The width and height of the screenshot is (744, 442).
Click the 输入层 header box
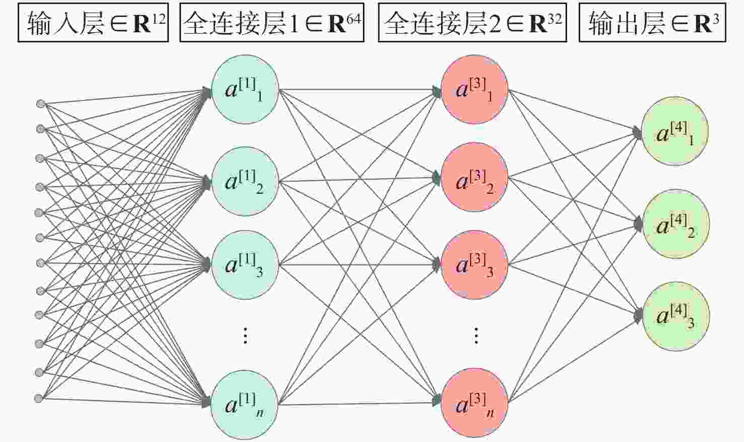tap(93, 23)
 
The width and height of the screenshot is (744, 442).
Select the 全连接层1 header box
tap(272, 23)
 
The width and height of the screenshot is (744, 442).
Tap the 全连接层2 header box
tap(472, 23)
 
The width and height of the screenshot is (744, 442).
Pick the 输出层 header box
tap(652, 23)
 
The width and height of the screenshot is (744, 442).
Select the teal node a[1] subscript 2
tap(245, 181)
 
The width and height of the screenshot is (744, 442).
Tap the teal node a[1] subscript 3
tap(245, 264)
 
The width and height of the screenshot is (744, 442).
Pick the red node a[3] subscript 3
tap(474, 264)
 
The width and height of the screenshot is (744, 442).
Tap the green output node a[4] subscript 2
tap(676, 224)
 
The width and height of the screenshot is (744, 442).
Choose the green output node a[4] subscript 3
tap(676, 316)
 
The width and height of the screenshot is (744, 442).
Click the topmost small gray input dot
tap(41, 104)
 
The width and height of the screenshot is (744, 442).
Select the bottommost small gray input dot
tap(39, 398)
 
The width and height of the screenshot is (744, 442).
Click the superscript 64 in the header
tap(354, 19)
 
